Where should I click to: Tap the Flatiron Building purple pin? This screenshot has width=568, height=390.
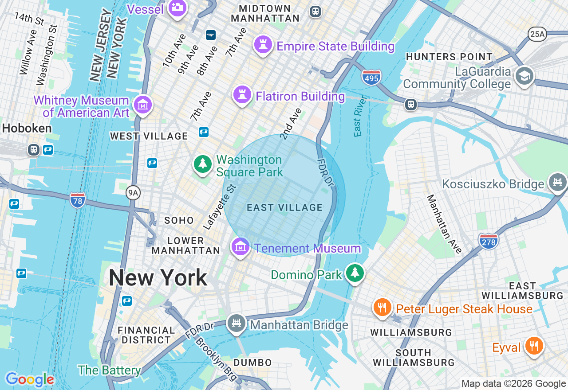[242, 95]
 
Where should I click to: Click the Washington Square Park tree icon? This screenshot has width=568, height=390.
[203, 164]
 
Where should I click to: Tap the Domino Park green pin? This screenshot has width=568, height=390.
[355, 273]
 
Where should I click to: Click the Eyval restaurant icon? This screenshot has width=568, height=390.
[534, 346]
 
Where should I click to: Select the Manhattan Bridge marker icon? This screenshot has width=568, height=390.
[236, 324]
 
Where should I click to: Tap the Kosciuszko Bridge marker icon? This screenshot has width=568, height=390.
[558, 182]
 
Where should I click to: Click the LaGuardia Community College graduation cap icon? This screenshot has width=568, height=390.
[524, 76]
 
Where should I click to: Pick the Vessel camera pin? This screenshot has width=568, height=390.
[177, 8]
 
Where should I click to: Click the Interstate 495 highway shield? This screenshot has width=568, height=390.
[371, 78]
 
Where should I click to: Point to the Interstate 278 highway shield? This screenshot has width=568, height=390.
[489, 241]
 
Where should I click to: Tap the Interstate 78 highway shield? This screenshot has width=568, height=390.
[78, 200]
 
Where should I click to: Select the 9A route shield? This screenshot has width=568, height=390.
[133, 192]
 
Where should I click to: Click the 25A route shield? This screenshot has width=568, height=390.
[537, 34]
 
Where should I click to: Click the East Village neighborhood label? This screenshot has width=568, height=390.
[284, 207]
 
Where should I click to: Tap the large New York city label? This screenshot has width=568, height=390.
[158, 278]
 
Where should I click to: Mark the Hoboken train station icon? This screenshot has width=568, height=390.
[34, 149]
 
